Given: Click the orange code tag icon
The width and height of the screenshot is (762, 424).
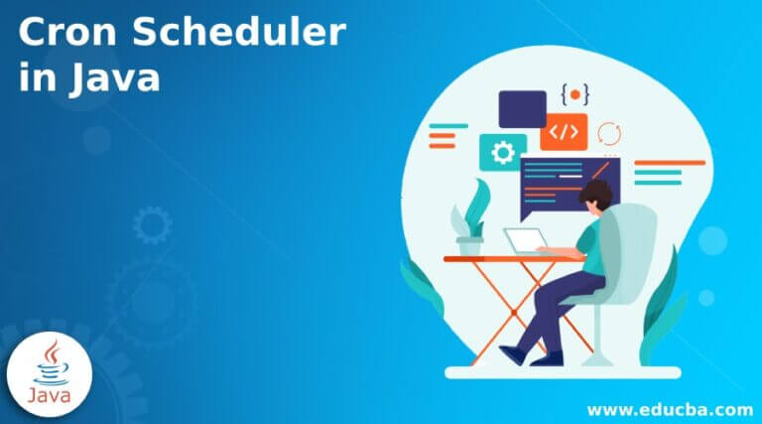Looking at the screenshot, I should [564, 132].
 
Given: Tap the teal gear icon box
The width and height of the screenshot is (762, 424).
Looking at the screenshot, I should [503, 152].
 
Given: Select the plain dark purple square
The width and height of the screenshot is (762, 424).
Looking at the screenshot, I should [522, 108].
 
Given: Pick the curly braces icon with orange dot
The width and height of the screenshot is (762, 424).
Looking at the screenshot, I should [574, 95].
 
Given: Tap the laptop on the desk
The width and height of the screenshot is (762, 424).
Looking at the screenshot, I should [524, 241].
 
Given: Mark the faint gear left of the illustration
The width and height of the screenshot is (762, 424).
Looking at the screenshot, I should [152, 225].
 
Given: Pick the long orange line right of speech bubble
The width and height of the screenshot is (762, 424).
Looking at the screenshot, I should [669, 163].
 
